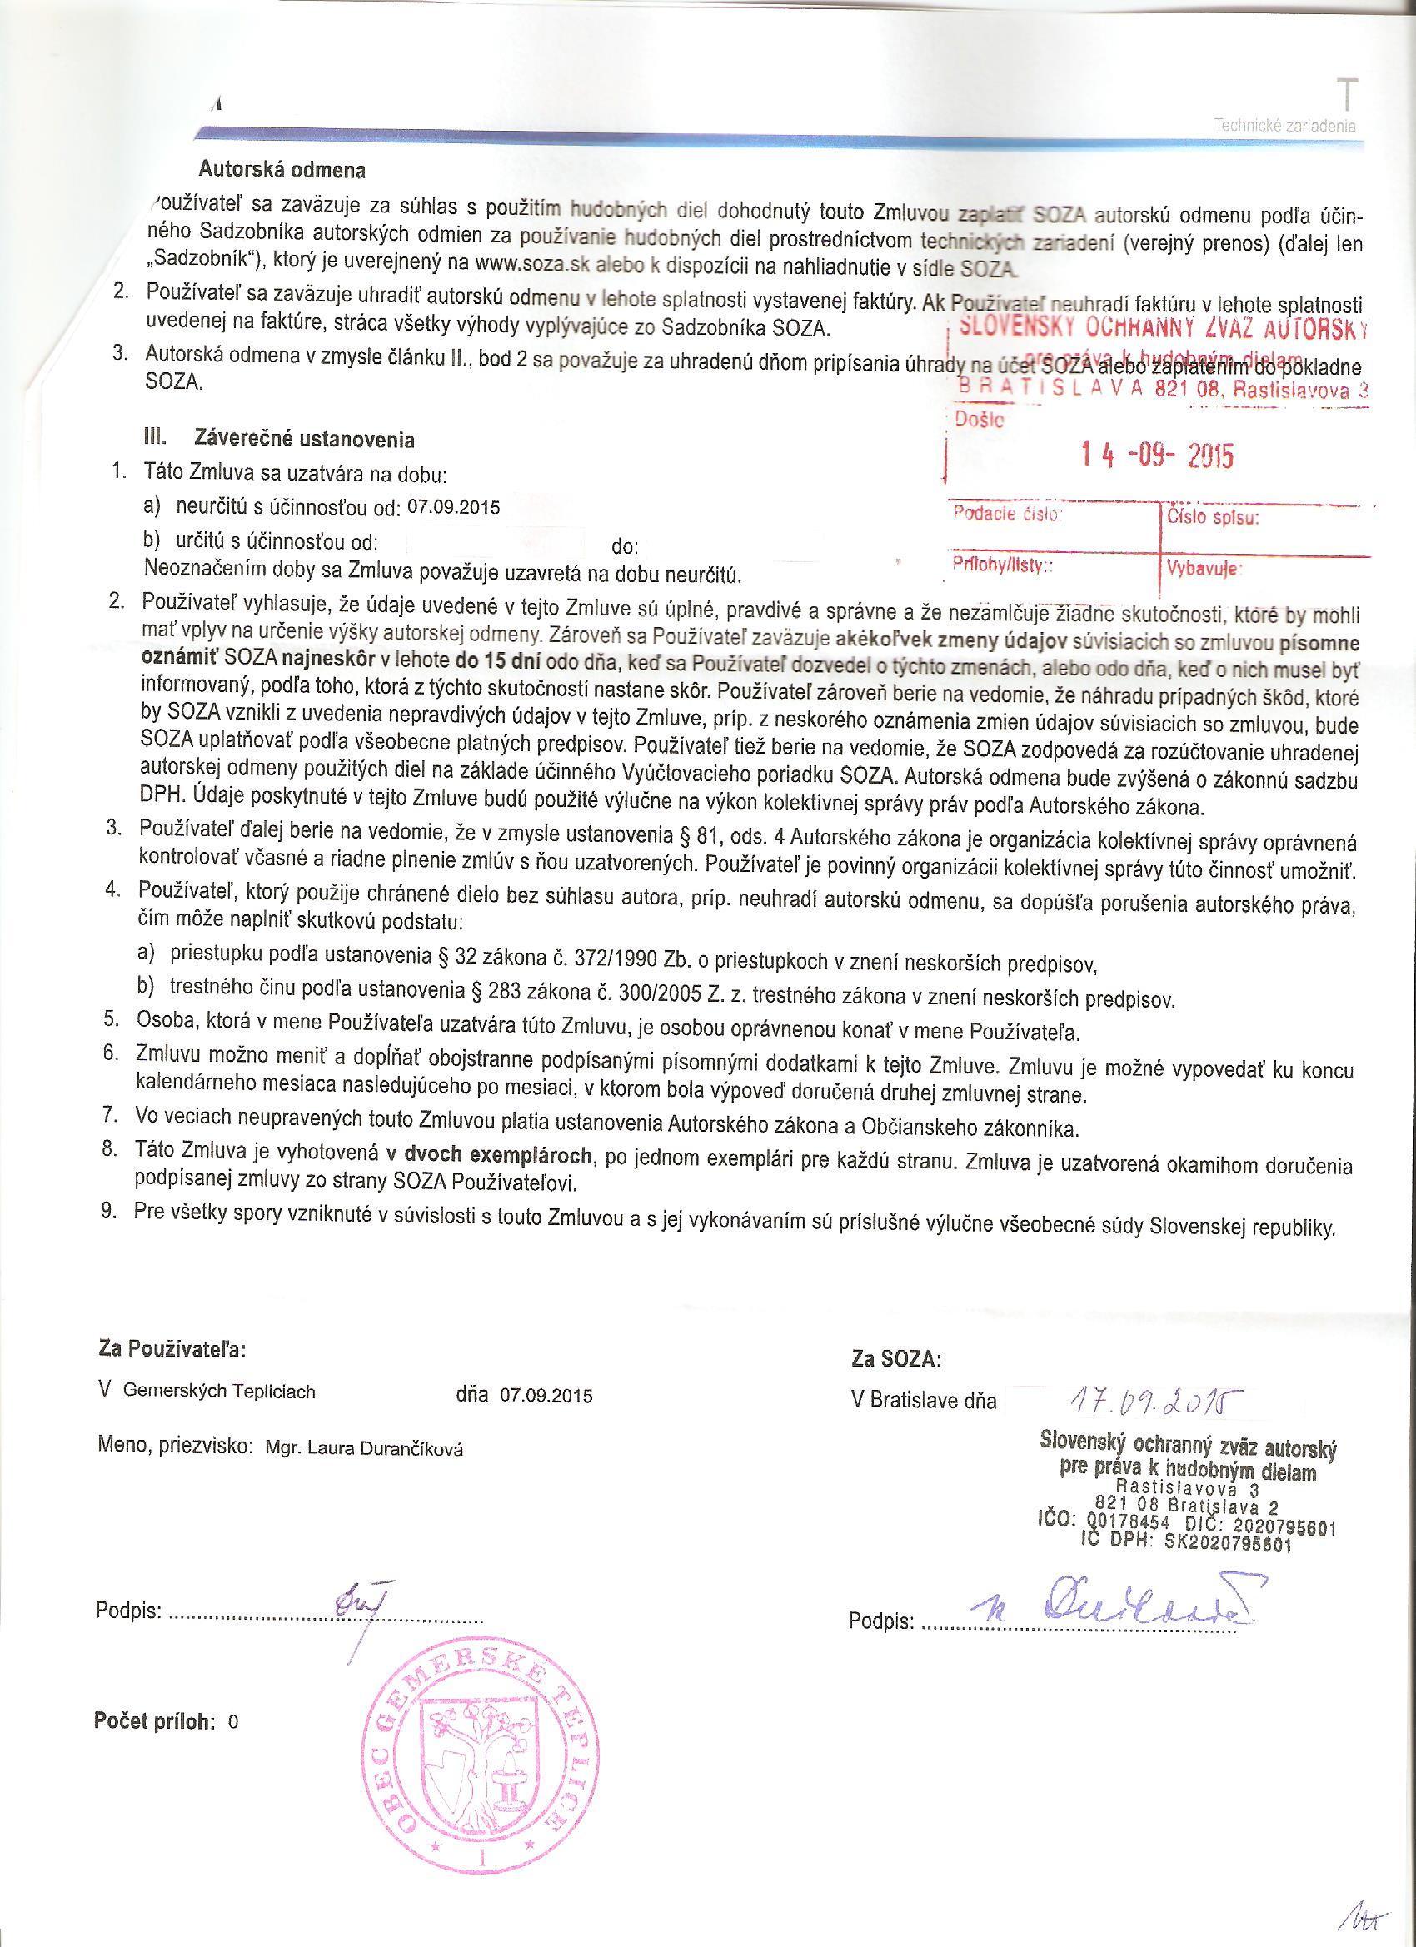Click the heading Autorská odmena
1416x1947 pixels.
click(282, 170)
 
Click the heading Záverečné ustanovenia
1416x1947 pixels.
click(304, 441)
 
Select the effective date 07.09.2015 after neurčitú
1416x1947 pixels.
click(453, 506)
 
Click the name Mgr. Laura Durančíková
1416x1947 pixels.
click(365, 1449)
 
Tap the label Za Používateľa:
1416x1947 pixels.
click(172, 1348)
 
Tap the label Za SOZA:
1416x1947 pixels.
click(896, 1359)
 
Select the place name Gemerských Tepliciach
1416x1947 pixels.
click(219, 1392)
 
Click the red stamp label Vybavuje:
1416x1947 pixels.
click(1201, 568)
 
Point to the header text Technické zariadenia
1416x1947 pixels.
click(1284, 127)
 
